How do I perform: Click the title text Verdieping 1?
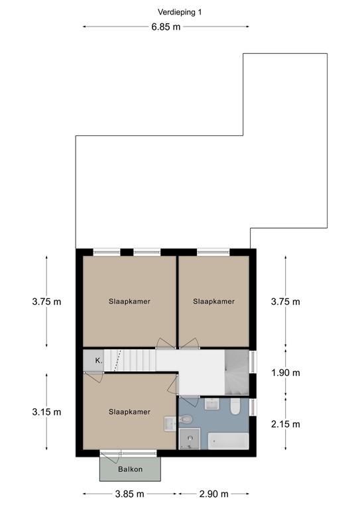click(x=180, y=13)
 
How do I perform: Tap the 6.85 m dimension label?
click(x=166, y=27)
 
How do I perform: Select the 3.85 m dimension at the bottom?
click(x=129, y=494)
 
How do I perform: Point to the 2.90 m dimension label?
click(x=213, y=494)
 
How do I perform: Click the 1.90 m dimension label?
click(x=286, y=372)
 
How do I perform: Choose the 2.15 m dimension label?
click(x=286, y=424)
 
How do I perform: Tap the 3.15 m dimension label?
click(x=46, y=412)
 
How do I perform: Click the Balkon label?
click(x=130, y=469)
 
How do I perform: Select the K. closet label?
click(x=99, y=361)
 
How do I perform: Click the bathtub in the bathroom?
click(x=228, y=441)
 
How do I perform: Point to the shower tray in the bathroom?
click(x=189, y=439)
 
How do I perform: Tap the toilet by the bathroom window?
click(x=235, y=407)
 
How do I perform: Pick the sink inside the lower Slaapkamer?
click(x=170, y=424)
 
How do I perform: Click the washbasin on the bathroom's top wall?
click(x=212, y=404)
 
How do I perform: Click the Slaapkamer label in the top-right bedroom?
click(x=213, y=302)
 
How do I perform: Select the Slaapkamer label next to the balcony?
click(x=129, y=412)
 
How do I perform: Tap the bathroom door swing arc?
click(x=190, y=401)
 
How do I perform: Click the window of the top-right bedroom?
click(x=213, y=252)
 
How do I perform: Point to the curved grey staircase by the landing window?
click(x=237, y=372)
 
